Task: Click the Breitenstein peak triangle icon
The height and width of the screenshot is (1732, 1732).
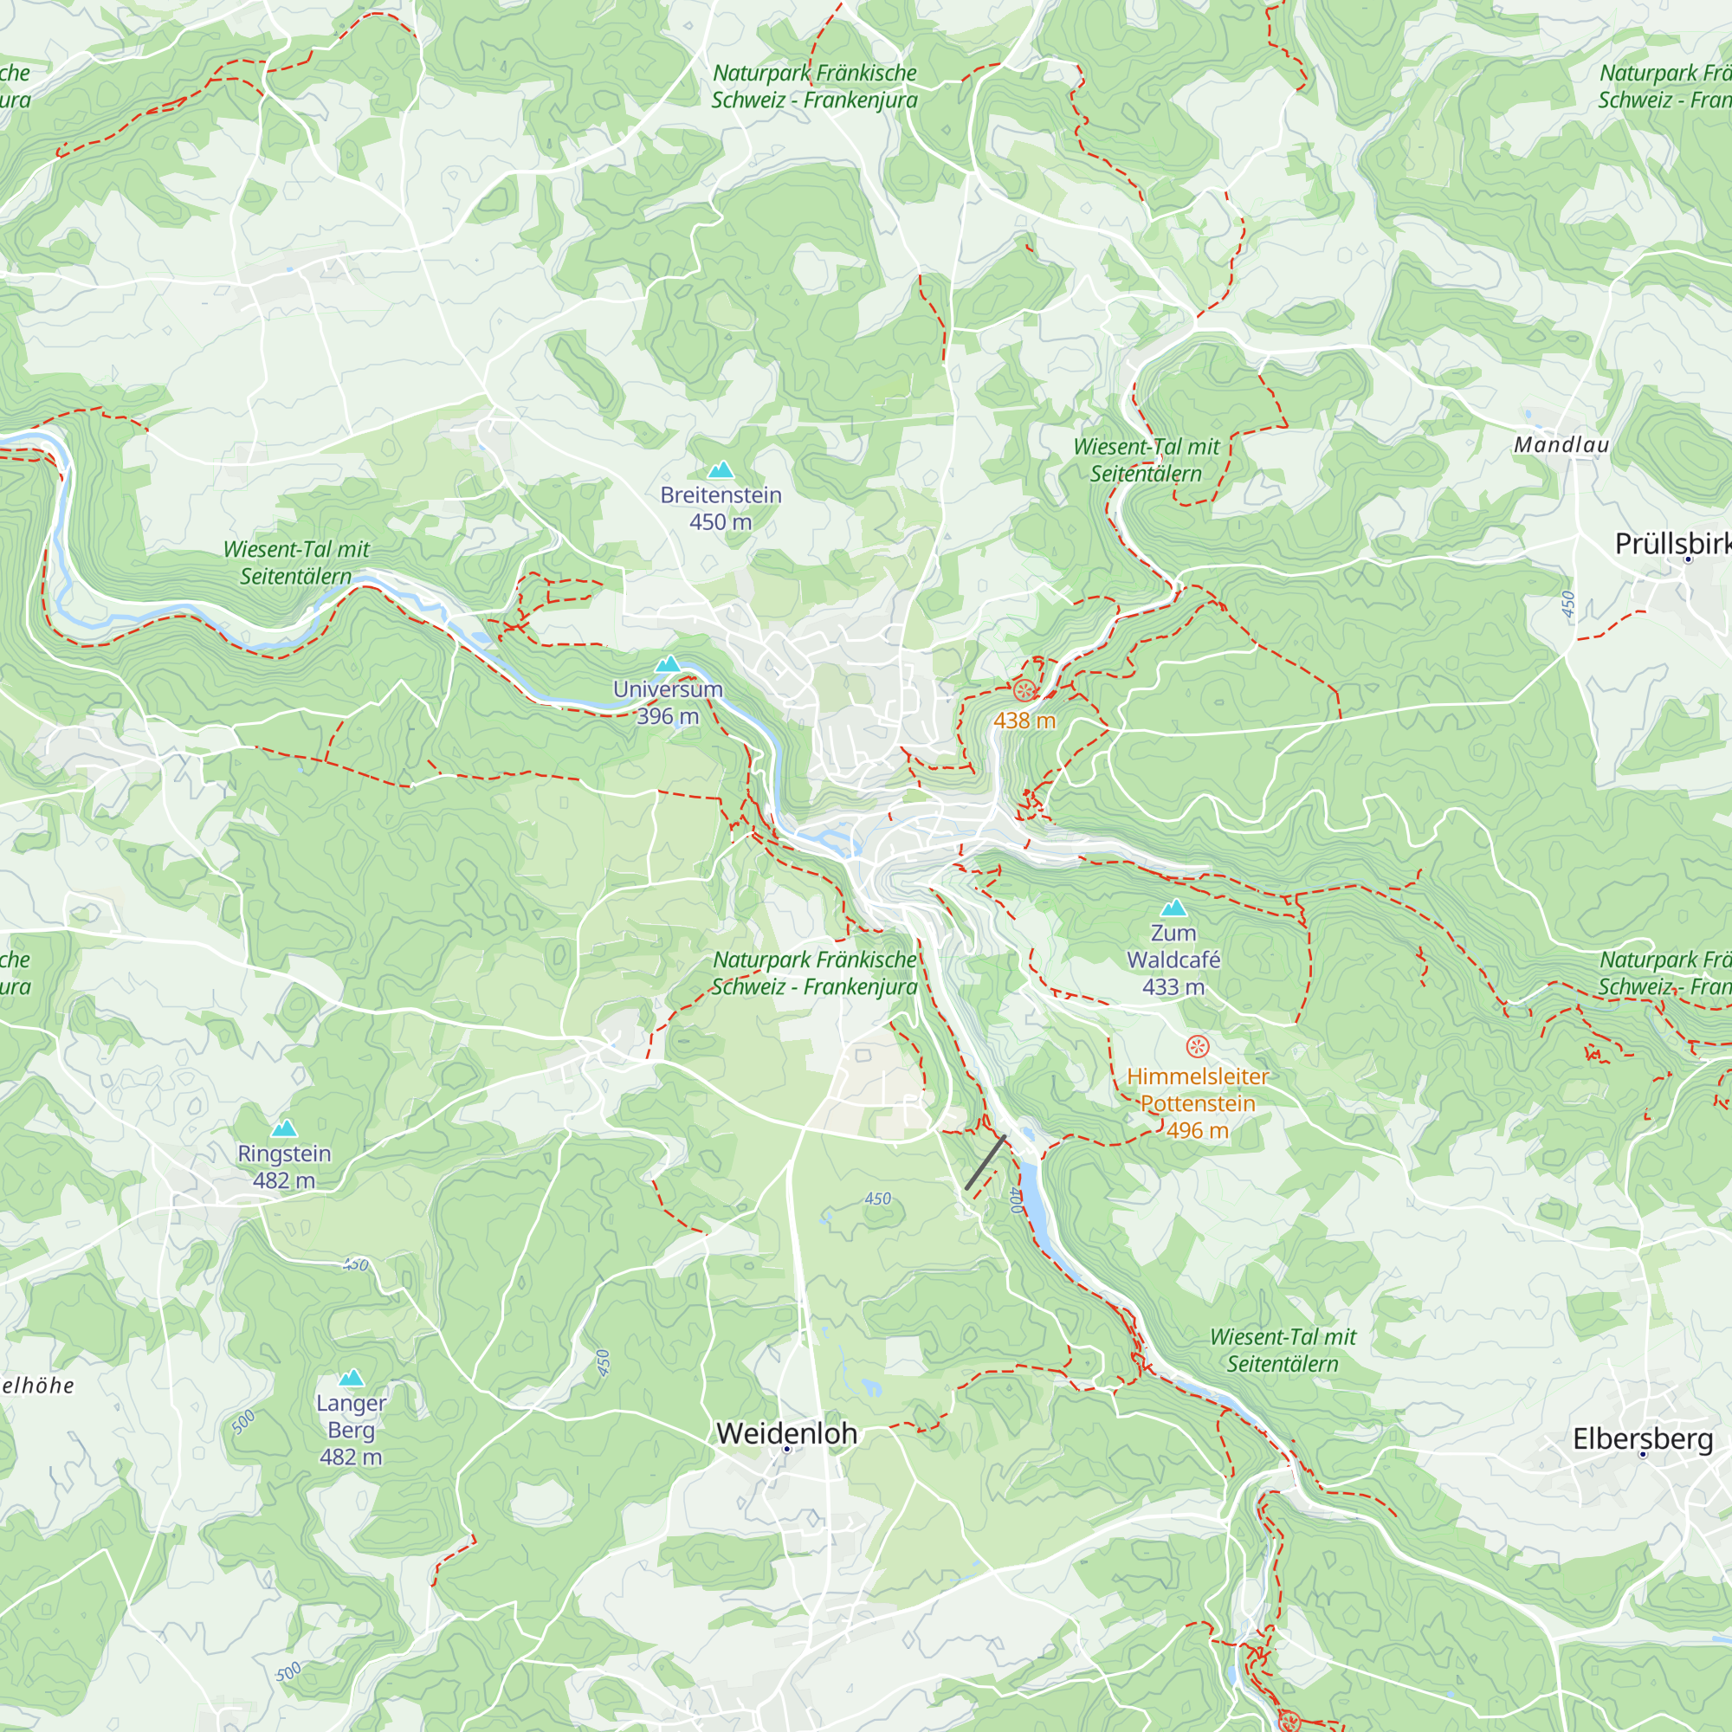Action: point(721,469)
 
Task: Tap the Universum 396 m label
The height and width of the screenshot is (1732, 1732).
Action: point(668,702)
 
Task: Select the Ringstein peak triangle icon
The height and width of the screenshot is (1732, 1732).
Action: point(284,1128)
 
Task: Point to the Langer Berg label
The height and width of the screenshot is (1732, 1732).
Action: point(351,1416)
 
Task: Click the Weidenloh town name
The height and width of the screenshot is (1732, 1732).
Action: point(786,1432)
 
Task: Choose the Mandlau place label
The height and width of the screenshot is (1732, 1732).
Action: point(1561,444)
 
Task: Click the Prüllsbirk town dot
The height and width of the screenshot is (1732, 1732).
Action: point(1688,559)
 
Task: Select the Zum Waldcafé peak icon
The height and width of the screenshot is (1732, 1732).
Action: point(1173,908)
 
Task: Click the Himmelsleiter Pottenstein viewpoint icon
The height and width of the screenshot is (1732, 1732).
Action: point(1198,1046)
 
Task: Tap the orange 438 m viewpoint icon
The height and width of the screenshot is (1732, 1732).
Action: point(1024,690)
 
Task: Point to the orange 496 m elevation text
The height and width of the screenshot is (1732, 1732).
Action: point(1198,1130)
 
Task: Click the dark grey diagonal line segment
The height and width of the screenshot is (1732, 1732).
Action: point(986,1163)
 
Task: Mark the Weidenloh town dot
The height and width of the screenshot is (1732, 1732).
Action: point(786,1449)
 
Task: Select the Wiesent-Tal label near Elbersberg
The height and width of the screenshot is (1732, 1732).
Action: point(1283,1350)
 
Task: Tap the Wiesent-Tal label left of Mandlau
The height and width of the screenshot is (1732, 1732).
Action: point(1147,460)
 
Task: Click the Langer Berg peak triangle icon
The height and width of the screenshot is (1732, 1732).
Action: point(351,1377)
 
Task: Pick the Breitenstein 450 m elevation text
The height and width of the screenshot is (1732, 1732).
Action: point(721,521)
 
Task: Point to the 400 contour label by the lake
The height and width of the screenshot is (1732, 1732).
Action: point(1016,1199)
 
